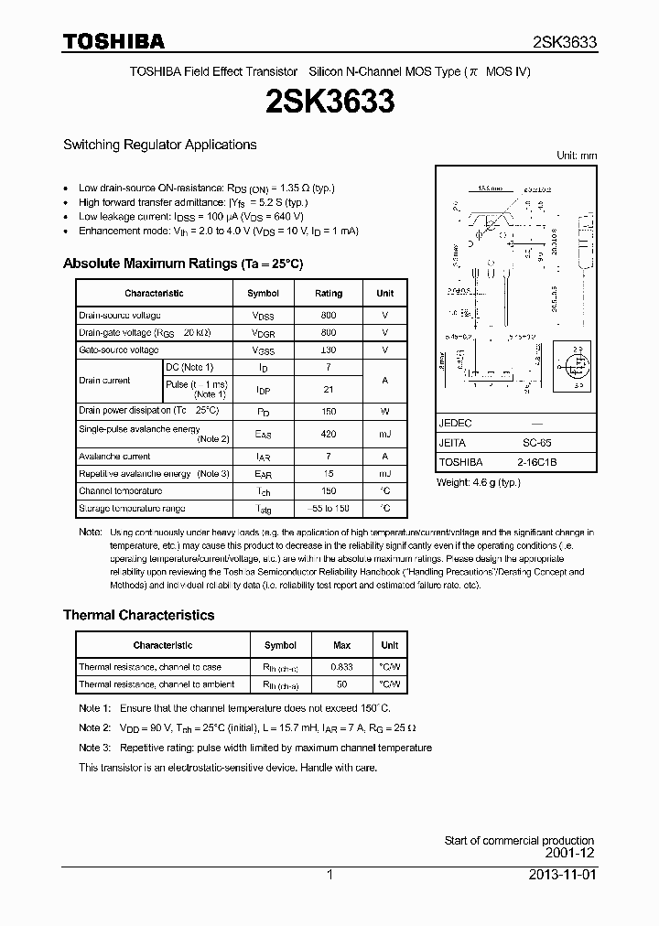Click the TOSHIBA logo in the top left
(113, 42)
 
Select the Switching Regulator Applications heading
(159, 145)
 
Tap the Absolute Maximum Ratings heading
(182, 264)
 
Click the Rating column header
(329, 294)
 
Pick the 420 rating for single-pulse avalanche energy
(329, 434)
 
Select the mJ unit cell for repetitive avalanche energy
(384, 474)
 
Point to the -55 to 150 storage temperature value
(329, 508)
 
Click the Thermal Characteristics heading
(138, 615)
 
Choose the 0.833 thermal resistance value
(341, 667)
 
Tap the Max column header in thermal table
(341, 645)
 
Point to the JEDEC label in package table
(455, 424)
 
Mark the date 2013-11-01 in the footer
(561, 875)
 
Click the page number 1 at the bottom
(329, 875)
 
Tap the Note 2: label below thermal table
(94, 727)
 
